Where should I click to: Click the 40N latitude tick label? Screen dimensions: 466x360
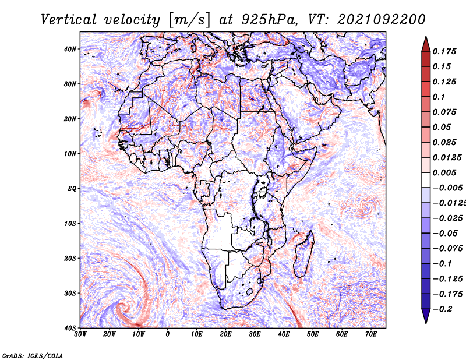tap(70, 49)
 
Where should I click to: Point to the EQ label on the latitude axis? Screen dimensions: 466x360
tap(72, 189)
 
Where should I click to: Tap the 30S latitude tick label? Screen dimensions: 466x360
tap(70, 294)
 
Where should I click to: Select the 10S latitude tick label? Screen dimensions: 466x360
tap(70, 224)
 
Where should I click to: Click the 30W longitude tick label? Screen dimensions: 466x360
tap(80, 334)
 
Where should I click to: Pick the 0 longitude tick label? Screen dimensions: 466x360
tap(168, 334)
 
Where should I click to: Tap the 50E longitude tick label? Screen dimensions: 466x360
tap(313, 334)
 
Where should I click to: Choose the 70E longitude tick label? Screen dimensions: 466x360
tap(371, 334)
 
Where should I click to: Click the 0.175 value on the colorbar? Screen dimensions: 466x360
tap(444, 51)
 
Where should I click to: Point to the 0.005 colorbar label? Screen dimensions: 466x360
tap(444, 172)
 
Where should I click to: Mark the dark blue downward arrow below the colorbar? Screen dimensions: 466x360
tap(426, 316)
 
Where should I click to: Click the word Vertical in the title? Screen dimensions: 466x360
tap(69, 20)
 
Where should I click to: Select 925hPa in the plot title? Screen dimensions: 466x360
tap(269, 20)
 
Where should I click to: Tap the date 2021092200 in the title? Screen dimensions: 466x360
tap(382, 20)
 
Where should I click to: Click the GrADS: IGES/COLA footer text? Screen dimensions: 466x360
tap(33, 356)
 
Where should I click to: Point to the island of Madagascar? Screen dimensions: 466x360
tap(303, 254)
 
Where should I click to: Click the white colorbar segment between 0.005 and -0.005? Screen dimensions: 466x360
tap(426, 180)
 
